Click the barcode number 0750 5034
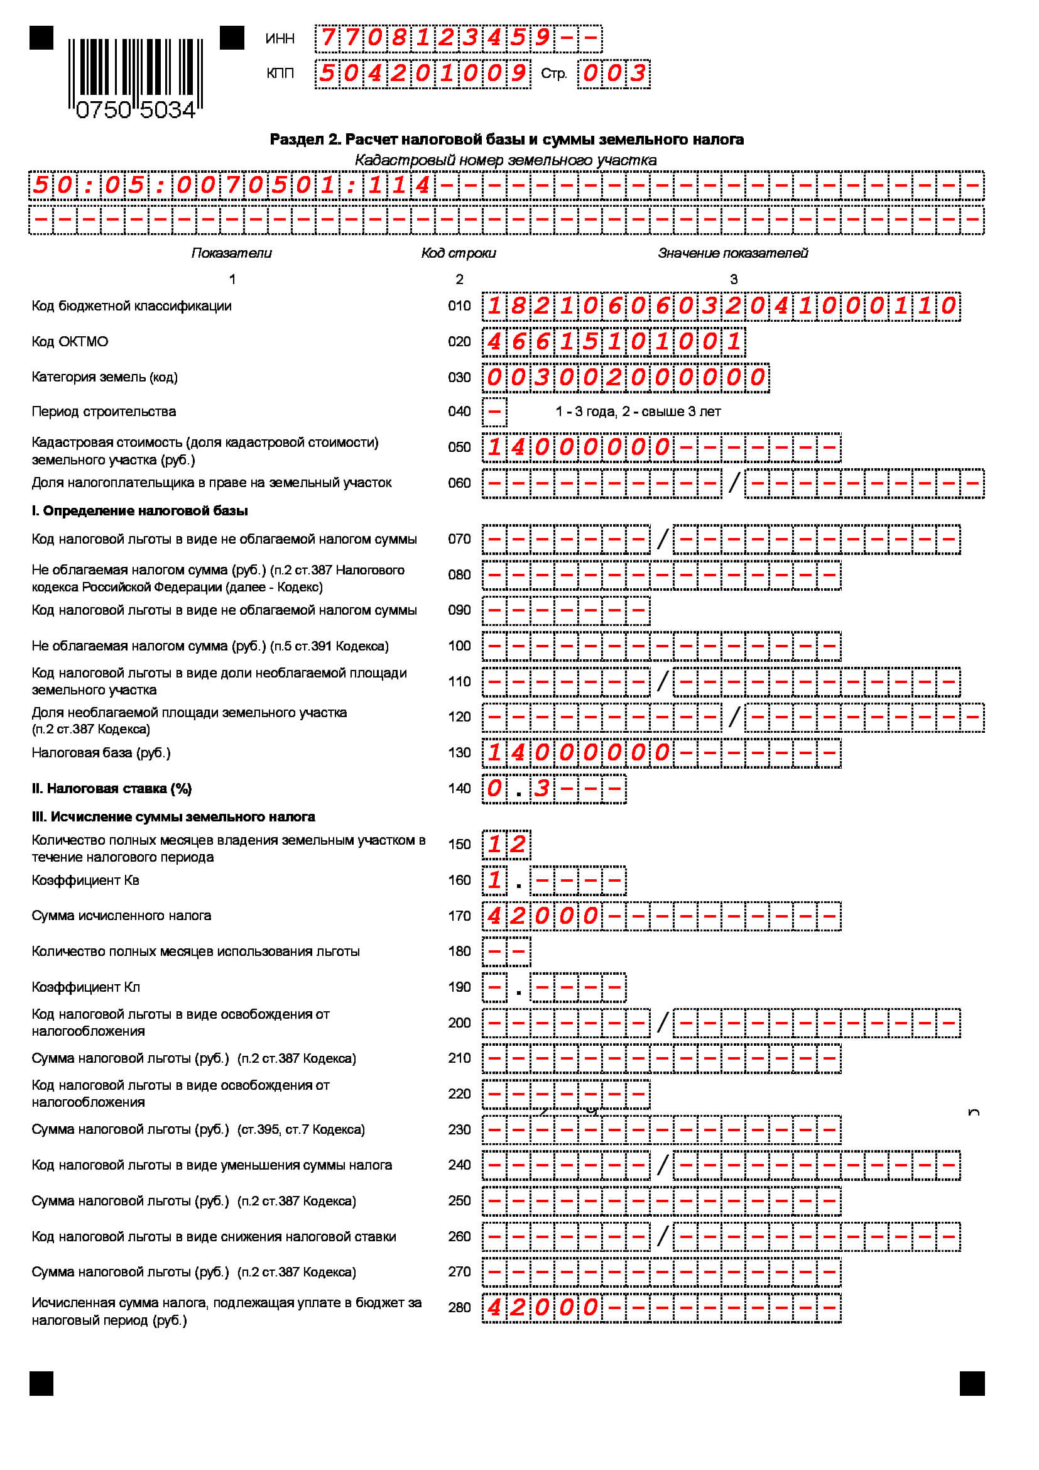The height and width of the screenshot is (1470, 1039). click(135, 110)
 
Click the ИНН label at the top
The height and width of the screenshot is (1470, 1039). click(280, 38)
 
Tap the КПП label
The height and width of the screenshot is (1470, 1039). click(280, 74)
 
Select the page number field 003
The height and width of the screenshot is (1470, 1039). click(613, 74)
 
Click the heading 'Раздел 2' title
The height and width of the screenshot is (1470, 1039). click(506, 140)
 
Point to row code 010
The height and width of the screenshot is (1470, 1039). click(459, 306)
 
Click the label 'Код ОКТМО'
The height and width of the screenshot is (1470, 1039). click(70, 342)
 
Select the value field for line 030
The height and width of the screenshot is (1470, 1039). click(625, 377)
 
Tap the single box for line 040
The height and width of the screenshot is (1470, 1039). click(494, 412)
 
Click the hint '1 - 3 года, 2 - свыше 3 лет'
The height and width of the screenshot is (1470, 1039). click(637, 412)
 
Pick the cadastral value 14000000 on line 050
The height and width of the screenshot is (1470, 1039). click(578, 447)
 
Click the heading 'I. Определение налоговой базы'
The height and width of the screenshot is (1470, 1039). click(139, 511)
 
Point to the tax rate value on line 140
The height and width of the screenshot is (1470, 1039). click(518, 788)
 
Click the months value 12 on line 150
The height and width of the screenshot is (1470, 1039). click(506, 844)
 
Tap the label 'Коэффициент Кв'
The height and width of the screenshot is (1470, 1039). click(85, 880)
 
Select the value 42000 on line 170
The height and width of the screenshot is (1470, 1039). click(542, 916)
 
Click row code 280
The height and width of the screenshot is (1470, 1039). click(459, 1307)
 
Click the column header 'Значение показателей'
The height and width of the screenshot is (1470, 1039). click(732, 253)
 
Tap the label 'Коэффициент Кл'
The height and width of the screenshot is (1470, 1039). click(85, 987)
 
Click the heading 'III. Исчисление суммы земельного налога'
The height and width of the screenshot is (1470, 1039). click(173, 817)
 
